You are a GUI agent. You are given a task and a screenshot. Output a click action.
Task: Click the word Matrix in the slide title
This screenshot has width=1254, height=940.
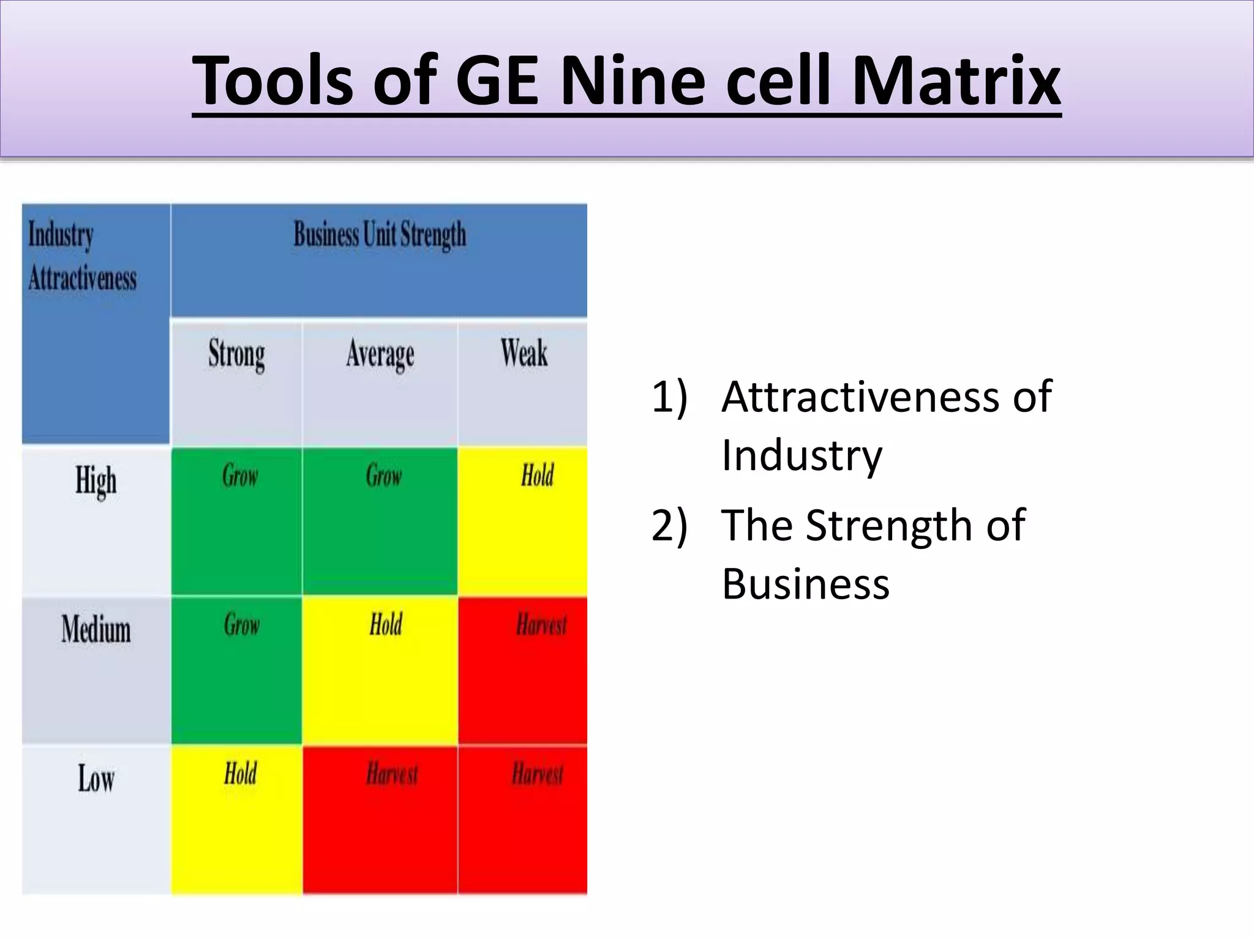click(956, 81)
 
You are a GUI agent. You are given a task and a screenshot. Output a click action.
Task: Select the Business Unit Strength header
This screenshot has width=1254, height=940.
click(380, 235)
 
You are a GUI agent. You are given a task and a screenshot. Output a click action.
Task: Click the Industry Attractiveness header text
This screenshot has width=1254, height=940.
click(83, 257)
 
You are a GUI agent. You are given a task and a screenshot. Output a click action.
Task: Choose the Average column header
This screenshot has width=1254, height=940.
click(380, 354)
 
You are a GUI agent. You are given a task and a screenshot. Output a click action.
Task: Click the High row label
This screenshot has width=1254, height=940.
click(96, 480)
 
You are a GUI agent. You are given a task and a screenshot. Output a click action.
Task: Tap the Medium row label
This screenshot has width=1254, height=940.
click(96, 629)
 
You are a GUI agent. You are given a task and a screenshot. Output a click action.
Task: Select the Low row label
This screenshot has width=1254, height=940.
click(96, 779)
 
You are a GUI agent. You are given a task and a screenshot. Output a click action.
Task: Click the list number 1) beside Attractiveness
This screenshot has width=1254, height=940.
click(669, 397)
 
